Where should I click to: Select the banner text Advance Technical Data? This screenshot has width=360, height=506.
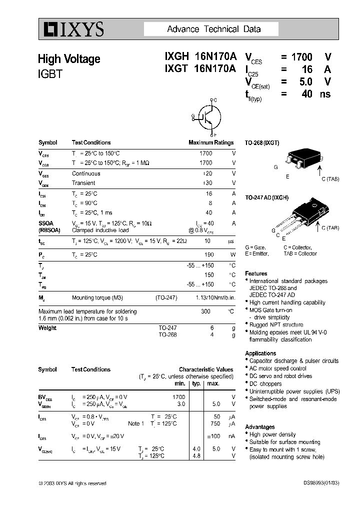click(213, 29)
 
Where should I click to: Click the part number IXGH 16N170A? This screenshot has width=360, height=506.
click(199, 57)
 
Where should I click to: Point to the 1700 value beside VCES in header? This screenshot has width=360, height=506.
click(301, 57)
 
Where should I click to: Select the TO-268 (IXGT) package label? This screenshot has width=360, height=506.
click(262, 143)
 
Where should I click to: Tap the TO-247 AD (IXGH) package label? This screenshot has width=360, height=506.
click(266, 198)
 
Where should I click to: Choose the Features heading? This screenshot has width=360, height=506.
click(256, 273)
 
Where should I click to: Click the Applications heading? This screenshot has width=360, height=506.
click(260, 353)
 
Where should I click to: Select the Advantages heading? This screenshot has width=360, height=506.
click(260, 427)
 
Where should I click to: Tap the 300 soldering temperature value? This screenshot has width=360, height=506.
click(205, 311)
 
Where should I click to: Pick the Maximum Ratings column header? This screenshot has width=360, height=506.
click(211, 143)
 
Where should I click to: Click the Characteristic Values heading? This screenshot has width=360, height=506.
click(206, 369)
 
